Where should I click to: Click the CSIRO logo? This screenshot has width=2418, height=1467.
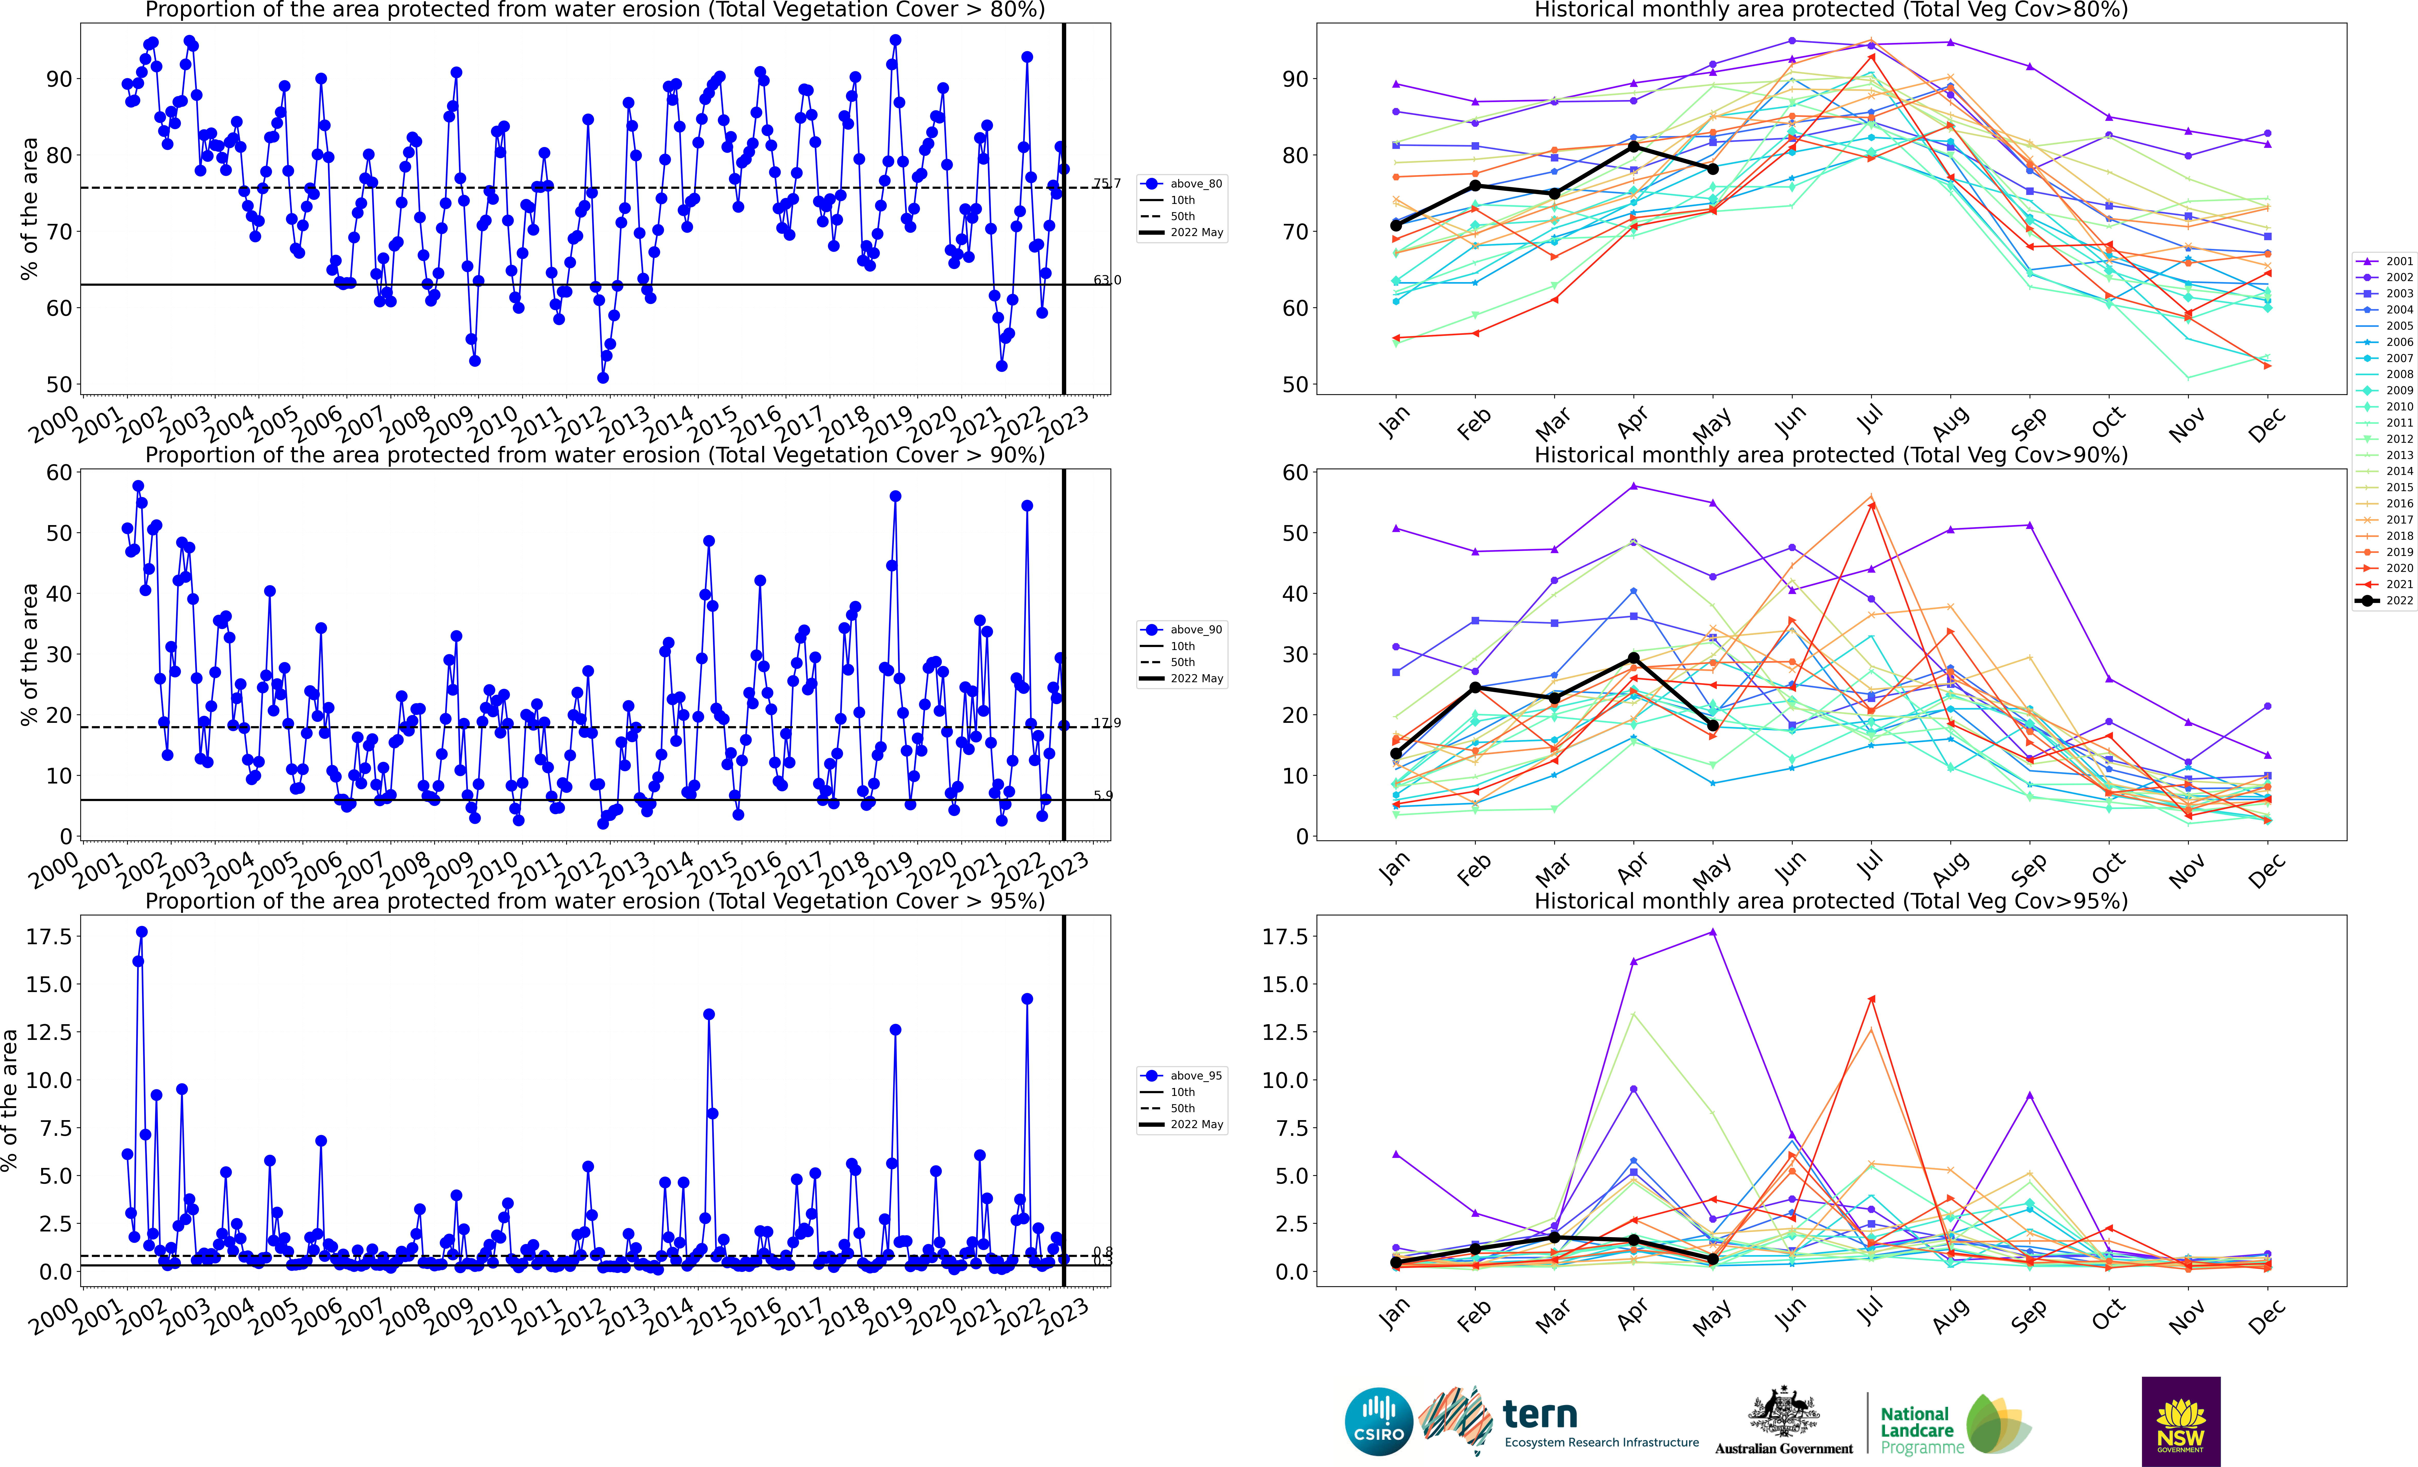1379,1421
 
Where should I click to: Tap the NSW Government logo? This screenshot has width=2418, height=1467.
2181,1421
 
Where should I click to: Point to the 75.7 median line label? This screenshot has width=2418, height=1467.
1107,184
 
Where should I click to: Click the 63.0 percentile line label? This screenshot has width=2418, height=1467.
1107,280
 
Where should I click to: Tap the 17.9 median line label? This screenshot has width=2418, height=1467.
1107,723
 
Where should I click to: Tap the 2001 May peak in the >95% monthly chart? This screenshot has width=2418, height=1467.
1712,932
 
